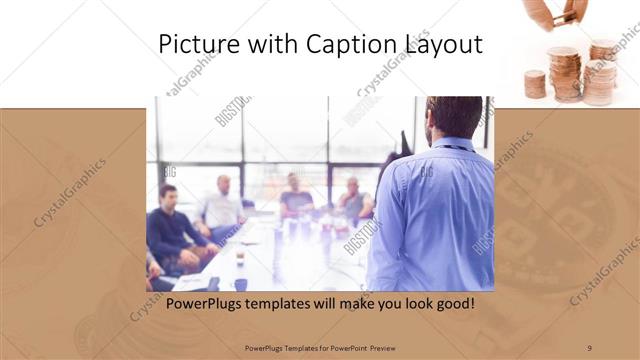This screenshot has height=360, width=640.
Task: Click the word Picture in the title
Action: tap(195, 44)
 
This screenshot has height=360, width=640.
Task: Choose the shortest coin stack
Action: tap(535, 84)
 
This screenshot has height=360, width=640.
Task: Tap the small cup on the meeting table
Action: tap(240, 259)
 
